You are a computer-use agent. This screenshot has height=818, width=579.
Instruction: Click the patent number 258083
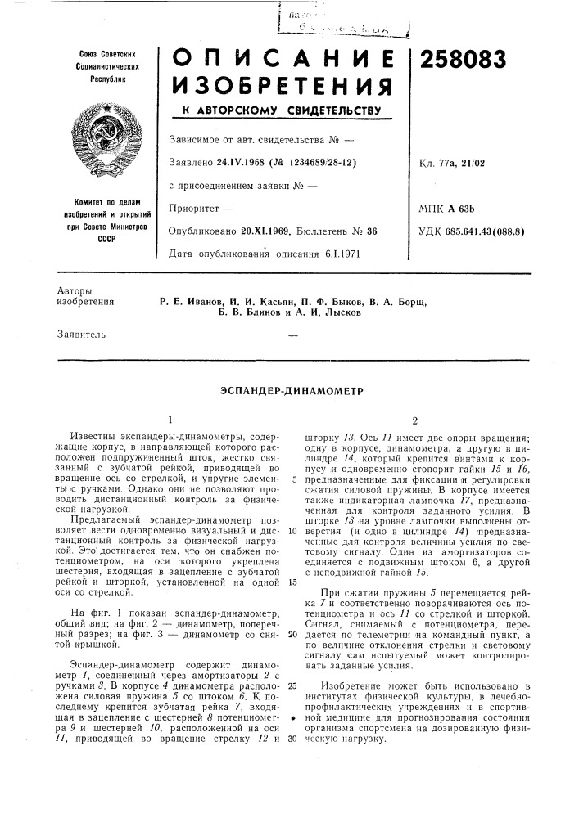pyautogui.click(x=463, y=60)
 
